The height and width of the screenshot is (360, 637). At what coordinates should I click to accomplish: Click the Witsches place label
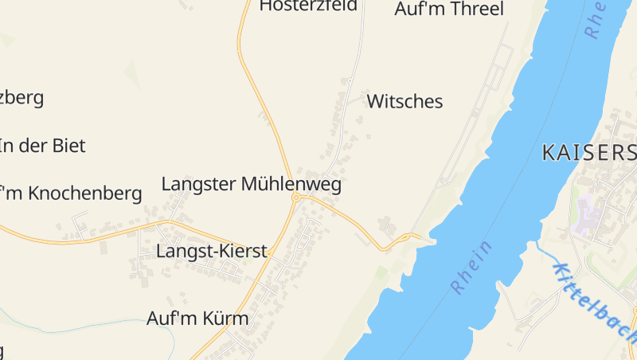click(404, 102)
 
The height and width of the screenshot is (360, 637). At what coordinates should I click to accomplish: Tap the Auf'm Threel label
click(449, 10)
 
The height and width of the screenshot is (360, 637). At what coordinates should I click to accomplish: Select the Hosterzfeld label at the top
click(308, 6)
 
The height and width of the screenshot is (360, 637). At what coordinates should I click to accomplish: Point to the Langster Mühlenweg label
click(251, 185)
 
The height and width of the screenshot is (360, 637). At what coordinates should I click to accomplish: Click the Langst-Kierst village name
click(212, 252)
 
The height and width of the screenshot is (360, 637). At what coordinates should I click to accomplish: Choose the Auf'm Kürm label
click(197, 319)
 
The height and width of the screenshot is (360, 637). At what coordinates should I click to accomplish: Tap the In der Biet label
click(42, 146)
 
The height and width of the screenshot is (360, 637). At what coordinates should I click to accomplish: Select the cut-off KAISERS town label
click(588, 153)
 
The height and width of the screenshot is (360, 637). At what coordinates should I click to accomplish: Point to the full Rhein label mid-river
click(472, 267)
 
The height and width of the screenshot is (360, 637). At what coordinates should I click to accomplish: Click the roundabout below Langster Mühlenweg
click(295, 197)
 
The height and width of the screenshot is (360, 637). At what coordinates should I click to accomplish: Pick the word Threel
click(477, 10)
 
